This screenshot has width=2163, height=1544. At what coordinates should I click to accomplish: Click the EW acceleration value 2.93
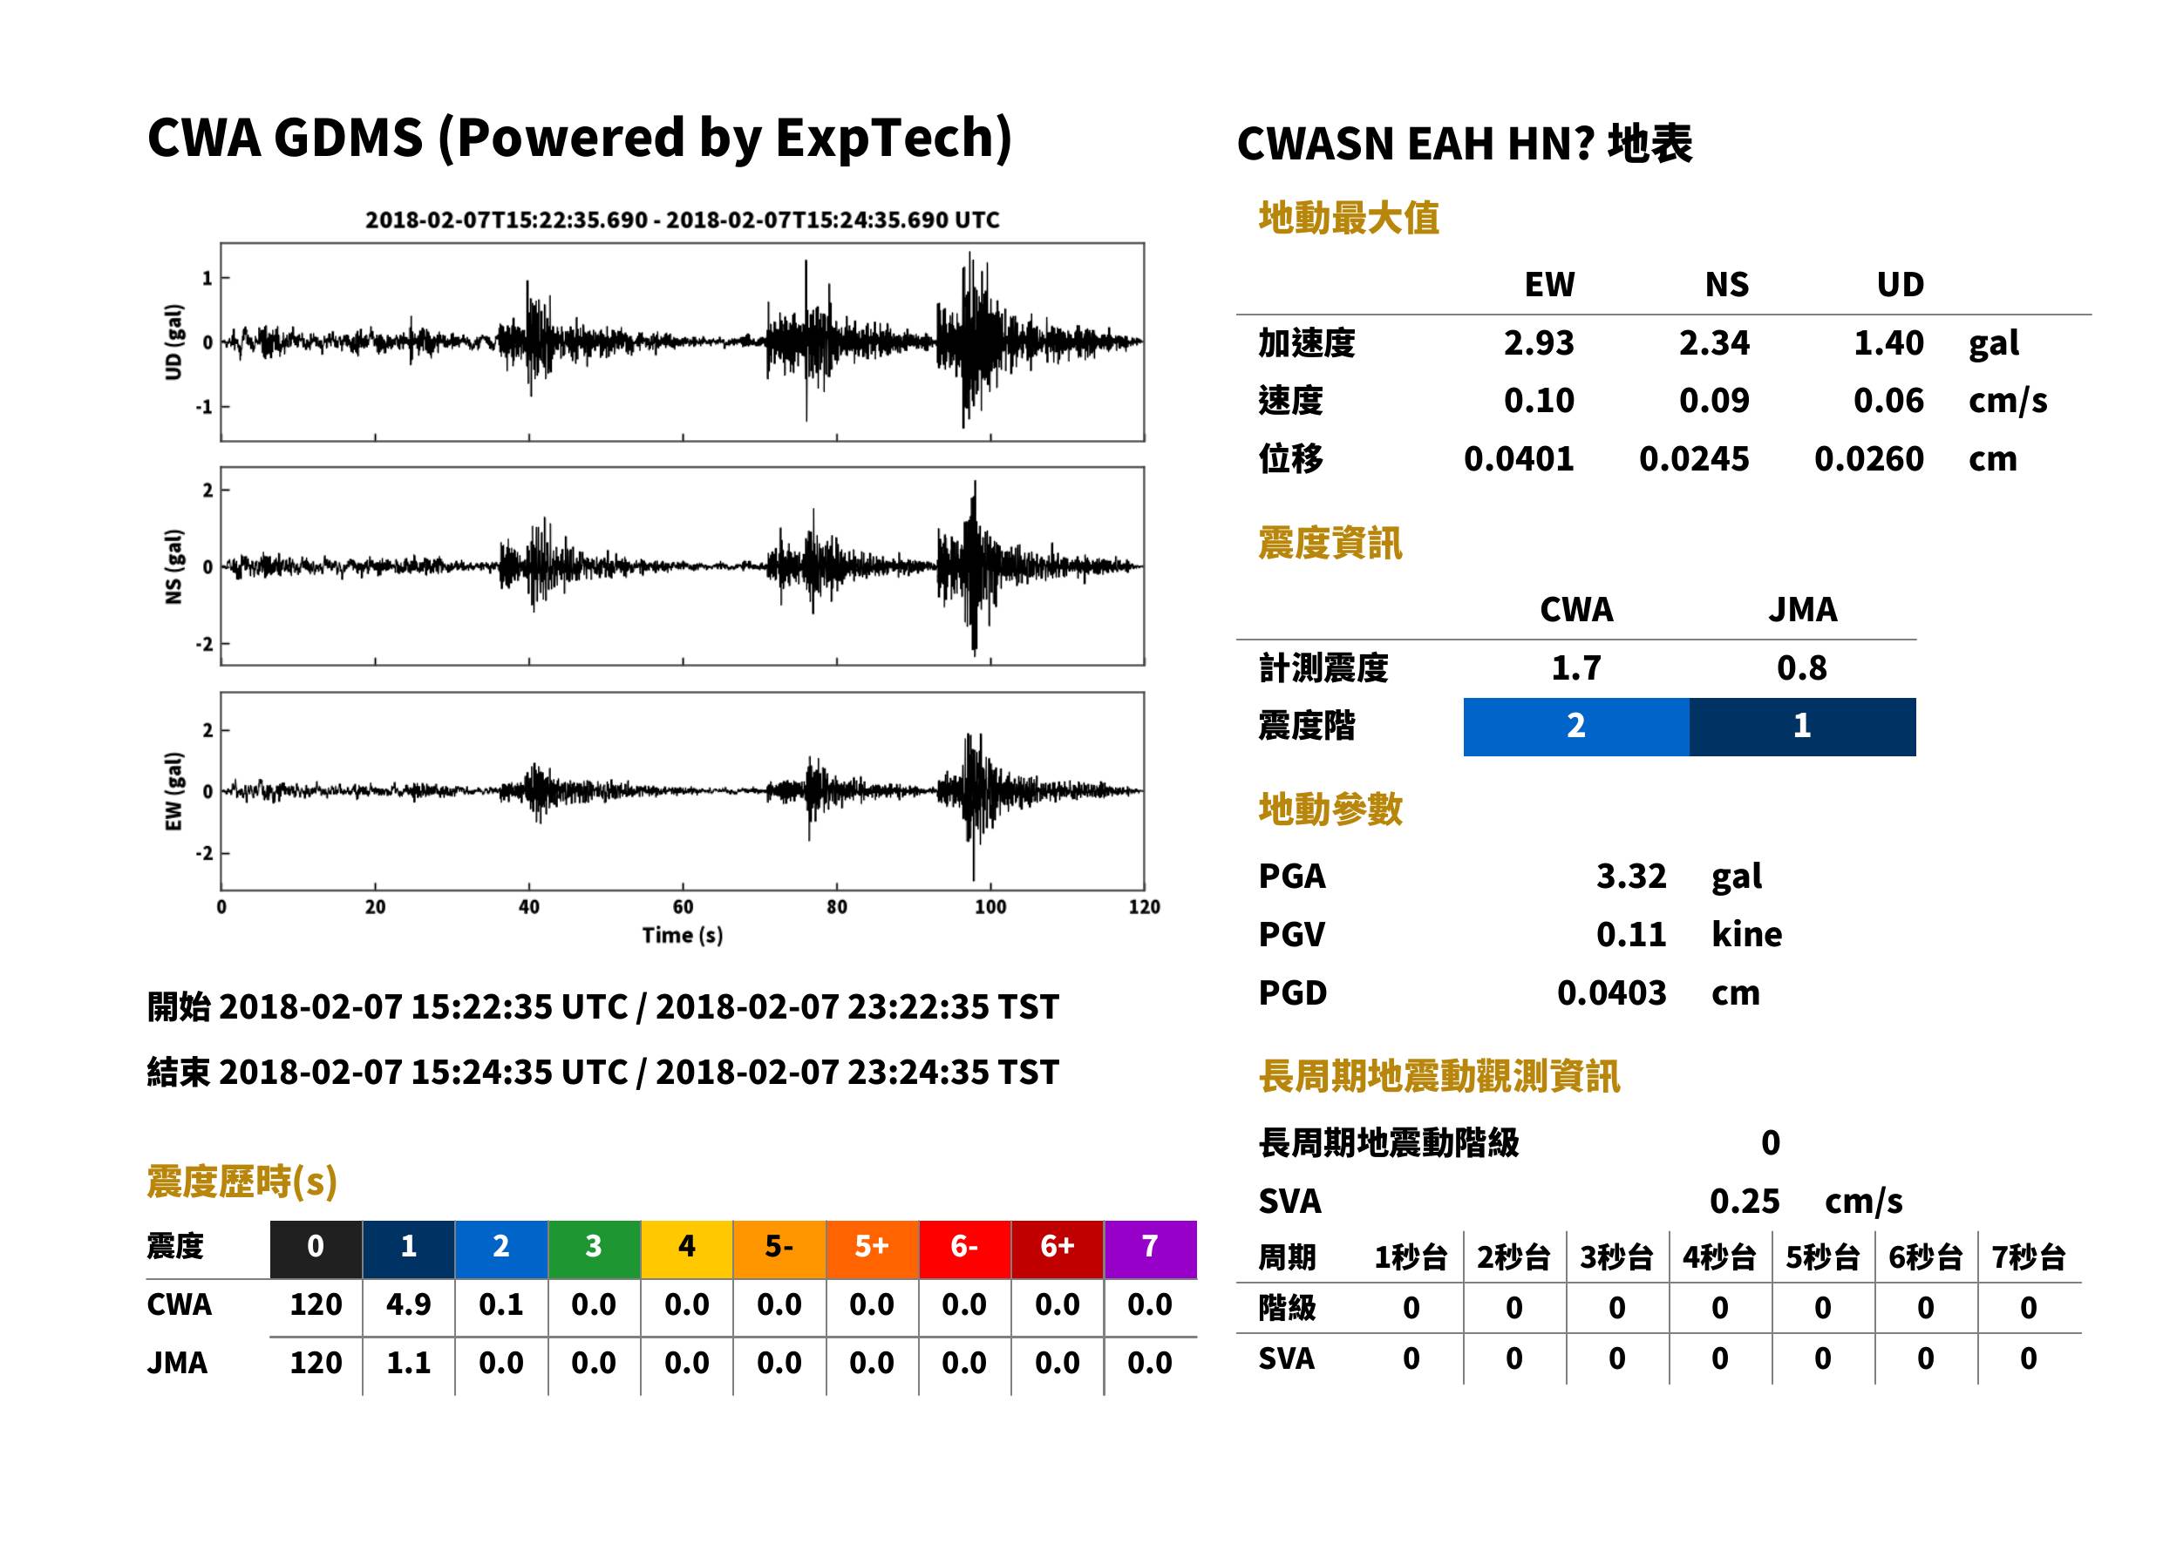click(x=1538, y=343)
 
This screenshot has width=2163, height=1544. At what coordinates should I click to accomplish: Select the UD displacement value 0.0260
click(x=1868, y=459)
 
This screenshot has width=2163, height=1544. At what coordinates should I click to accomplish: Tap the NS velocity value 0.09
click(x=1713, y=401)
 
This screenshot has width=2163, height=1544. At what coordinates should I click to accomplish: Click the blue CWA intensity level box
click(x=1576, y=727)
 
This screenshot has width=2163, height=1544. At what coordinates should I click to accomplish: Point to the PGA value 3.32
click(x=1631, y=877)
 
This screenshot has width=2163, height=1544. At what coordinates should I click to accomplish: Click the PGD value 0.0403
click(x=1611, y=993)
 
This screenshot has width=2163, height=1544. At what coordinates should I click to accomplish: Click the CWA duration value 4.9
click(x=408, y=1304)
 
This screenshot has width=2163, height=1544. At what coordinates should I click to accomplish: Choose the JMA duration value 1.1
click(x=408, y=1364)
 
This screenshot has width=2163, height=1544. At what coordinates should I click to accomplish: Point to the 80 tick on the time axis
click(x=836, y=907)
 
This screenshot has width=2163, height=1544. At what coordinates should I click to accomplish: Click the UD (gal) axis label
click(x=173, y=342)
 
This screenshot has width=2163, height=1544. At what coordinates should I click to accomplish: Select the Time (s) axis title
click(x=682, y=936)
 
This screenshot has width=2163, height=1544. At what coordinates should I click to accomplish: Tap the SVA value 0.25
click(x=1744, y=1202)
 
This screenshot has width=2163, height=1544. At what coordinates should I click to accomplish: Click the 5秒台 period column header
click(x=1822, y=1258)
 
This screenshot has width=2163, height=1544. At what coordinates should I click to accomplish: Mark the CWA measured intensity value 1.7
click(x=1576, y=668)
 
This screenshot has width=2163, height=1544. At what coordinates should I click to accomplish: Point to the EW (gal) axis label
click(x=173, y=791)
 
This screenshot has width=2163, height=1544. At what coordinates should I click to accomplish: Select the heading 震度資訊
click(x=1330, y=544)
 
